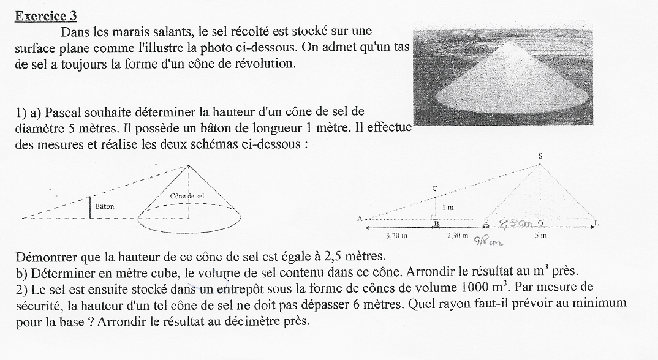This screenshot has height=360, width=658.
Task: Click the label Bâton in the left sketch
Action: pos(105,207)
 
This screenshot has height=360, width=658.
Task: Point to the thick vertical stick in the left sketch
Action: pos(90,208)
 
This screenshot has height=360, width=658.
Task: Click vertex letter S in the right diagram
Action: pos(540,156)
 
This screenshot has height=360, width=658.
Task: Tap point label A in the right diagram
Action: pos(360,219)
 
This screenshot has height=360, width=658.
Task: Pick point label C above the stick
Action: pos(434,189)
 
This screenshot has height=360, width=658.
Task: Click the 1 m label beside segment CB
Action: pos(448,208)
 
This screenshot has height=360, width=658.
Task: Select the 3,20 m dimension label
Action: pos(397,235)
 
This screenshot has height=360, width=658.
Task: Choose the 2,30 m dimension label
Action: pos(456,235)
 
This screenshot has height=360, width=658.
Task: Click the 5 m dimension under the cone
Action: pos(540,235)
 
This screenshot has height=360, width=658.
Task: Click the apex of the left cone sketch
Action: pos(188,165)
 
